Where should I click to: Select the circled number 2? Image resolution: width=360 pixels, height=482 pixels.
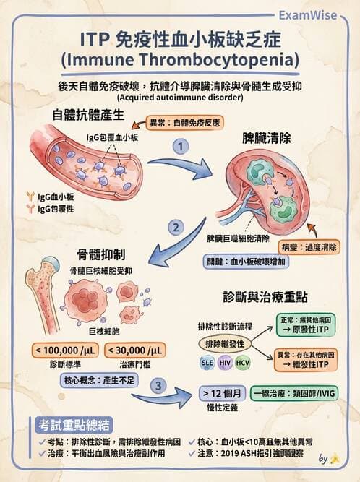click(x=174, y=229)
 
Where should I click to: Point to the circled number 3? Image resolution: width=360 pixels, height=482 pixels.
click(x=158, y=387)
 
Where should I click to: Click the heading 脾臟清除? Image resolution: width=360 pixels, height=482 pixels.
click(x=267, y=137)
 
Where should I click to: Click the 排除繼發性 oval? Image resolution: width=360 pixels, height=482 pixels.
click(x=225, y=343)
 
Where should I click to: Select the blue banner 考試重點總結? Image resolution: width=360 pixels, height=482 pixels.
click(x=74, y=425)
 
